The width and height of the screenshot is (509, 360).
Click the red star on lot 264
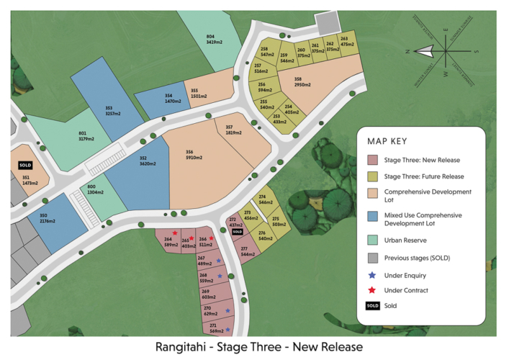point(174,233)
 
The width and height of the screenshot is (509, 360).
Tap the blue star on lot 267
point(218,261)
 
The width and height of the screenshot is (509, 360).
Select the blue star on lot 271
point(228,329)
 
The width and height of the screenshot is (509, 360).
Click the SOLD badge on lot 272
point(237,233)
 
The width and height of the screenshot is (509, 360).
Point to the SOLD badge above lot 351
point(27,166)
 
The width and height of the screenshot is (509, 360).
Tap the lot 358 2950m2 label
point(302,82)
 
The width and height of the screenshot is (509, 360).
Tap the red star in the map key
point(372,290)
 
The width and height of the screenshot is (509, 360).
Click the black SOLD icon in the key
point(372,306)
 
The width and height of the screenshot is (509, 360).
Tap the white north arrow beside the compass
point(425,51)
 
